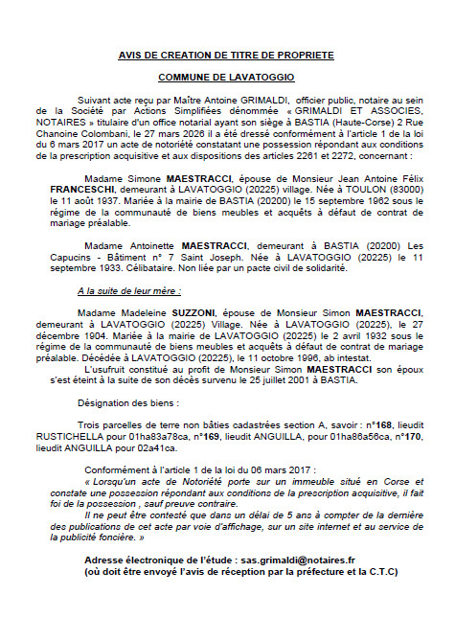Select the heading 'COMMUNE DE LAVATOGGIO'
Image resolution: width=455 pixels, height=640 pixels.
[x=226, y=75]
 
